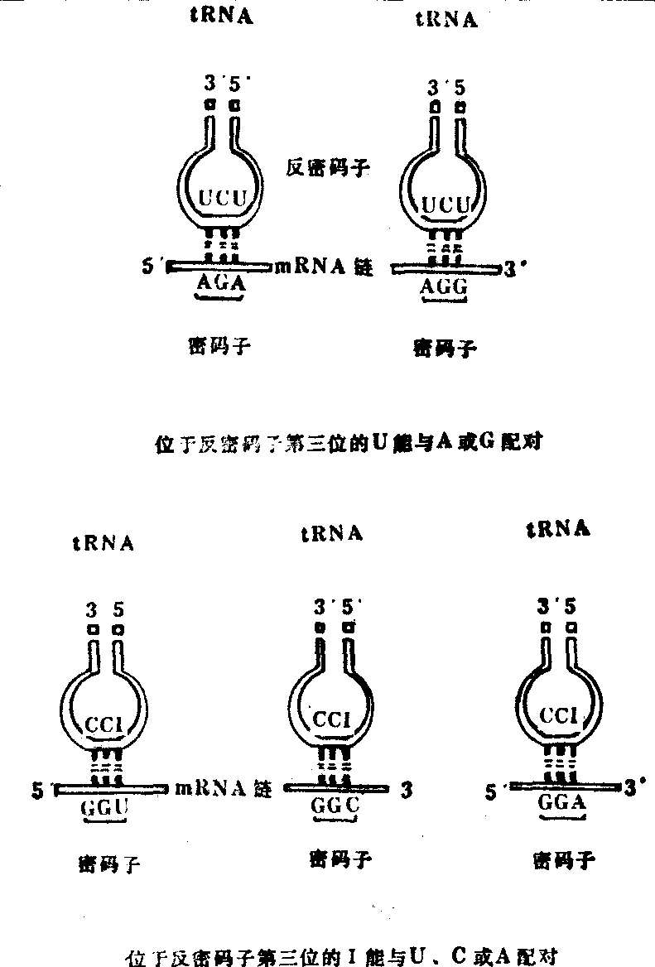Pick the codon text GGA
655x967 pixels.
[x=562, y=801]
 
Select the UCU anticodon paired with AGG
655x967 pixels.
[x=447, y=204]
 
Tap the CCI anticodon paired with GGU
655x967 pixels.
[x=104, y=725]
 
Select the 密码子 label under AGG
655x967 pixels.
[x=445, y=348]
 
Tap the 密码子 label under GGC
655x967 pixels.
[x=340, y=859]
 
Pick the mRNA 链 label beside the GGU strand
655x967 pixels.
[x=224, y=789]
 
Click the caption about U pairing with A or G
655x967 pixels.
[x=349, y=443]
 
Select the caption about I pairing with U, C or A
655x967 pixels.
[x=347, y=958]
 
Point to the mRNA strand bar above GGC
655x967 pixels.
[x=335, y=787]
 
